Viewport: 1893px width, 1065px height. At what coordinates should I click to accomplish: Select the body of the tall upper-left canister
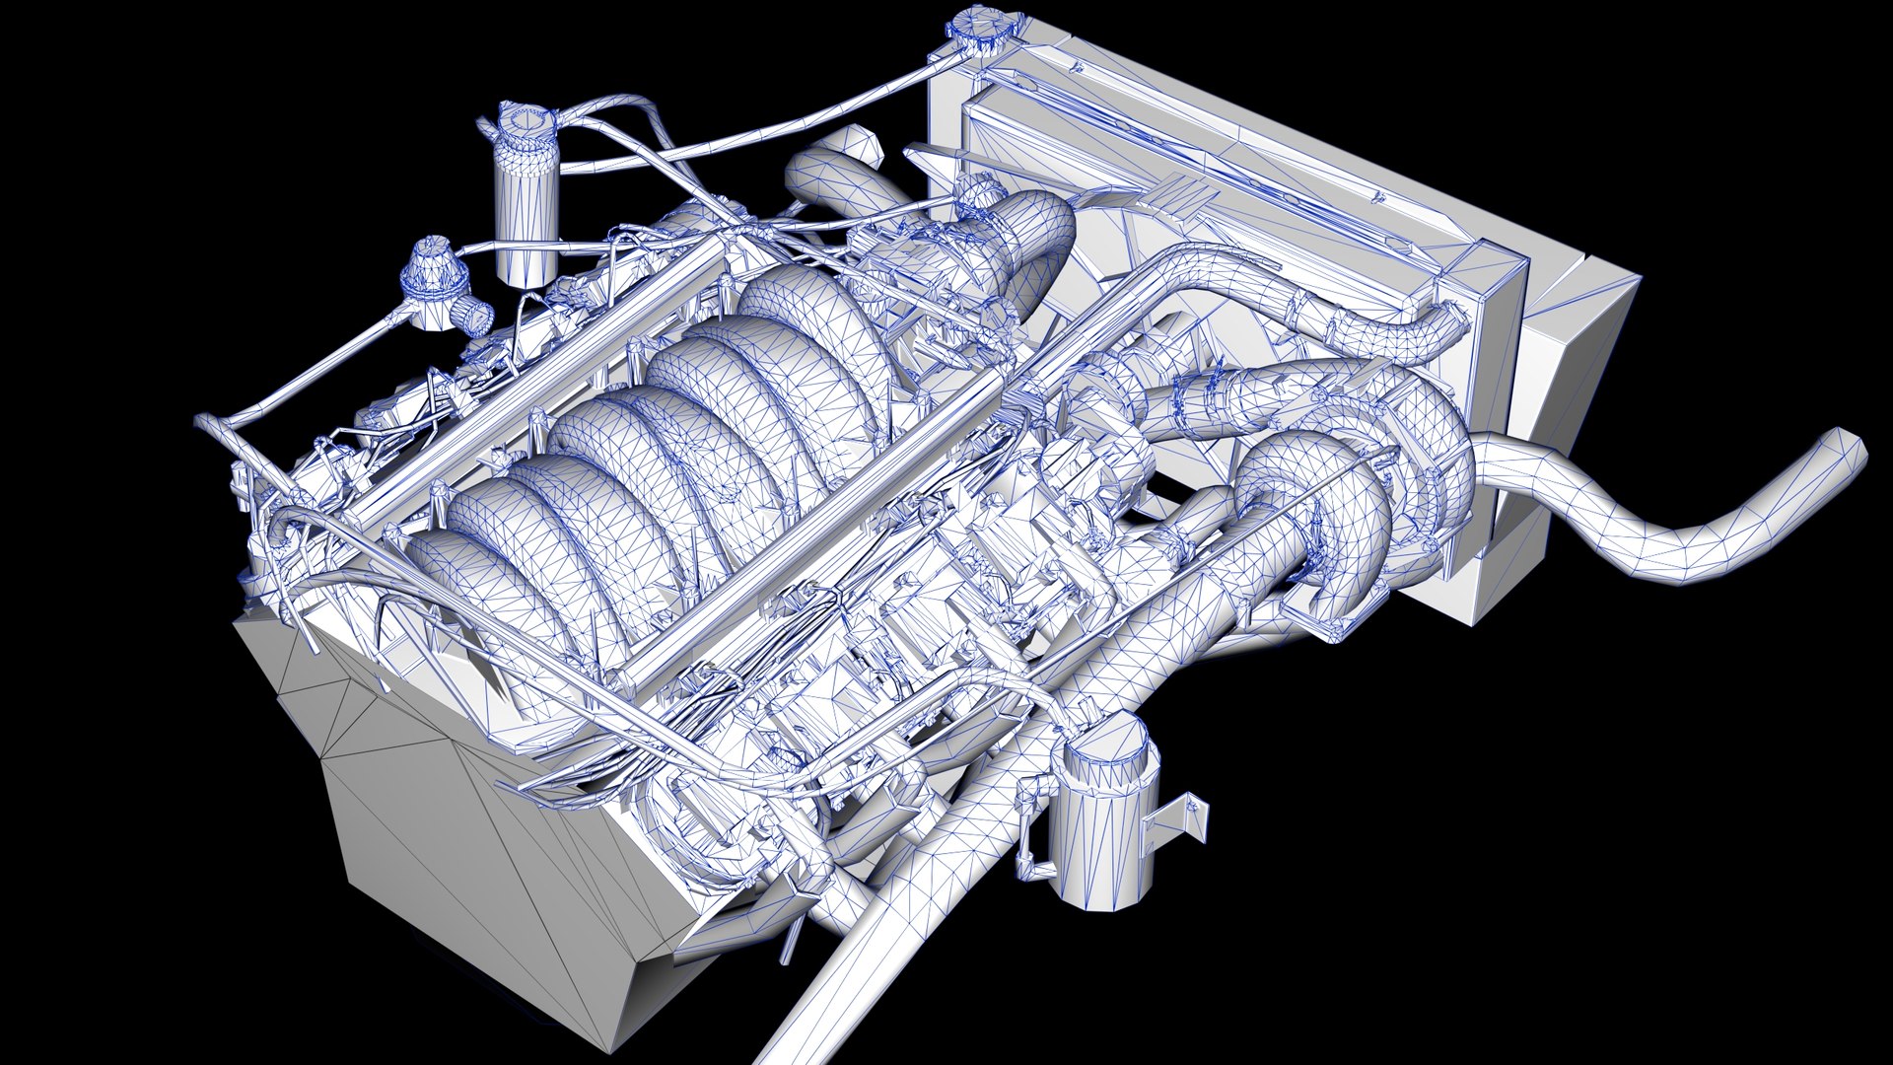tap(526, 222)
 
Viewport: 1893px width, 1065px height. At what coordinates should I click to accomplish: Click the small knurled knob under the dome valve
tap(476, 316)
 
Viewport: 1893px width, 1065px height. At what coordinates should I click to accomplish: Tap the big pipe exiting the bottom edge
tap(838, 976)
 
